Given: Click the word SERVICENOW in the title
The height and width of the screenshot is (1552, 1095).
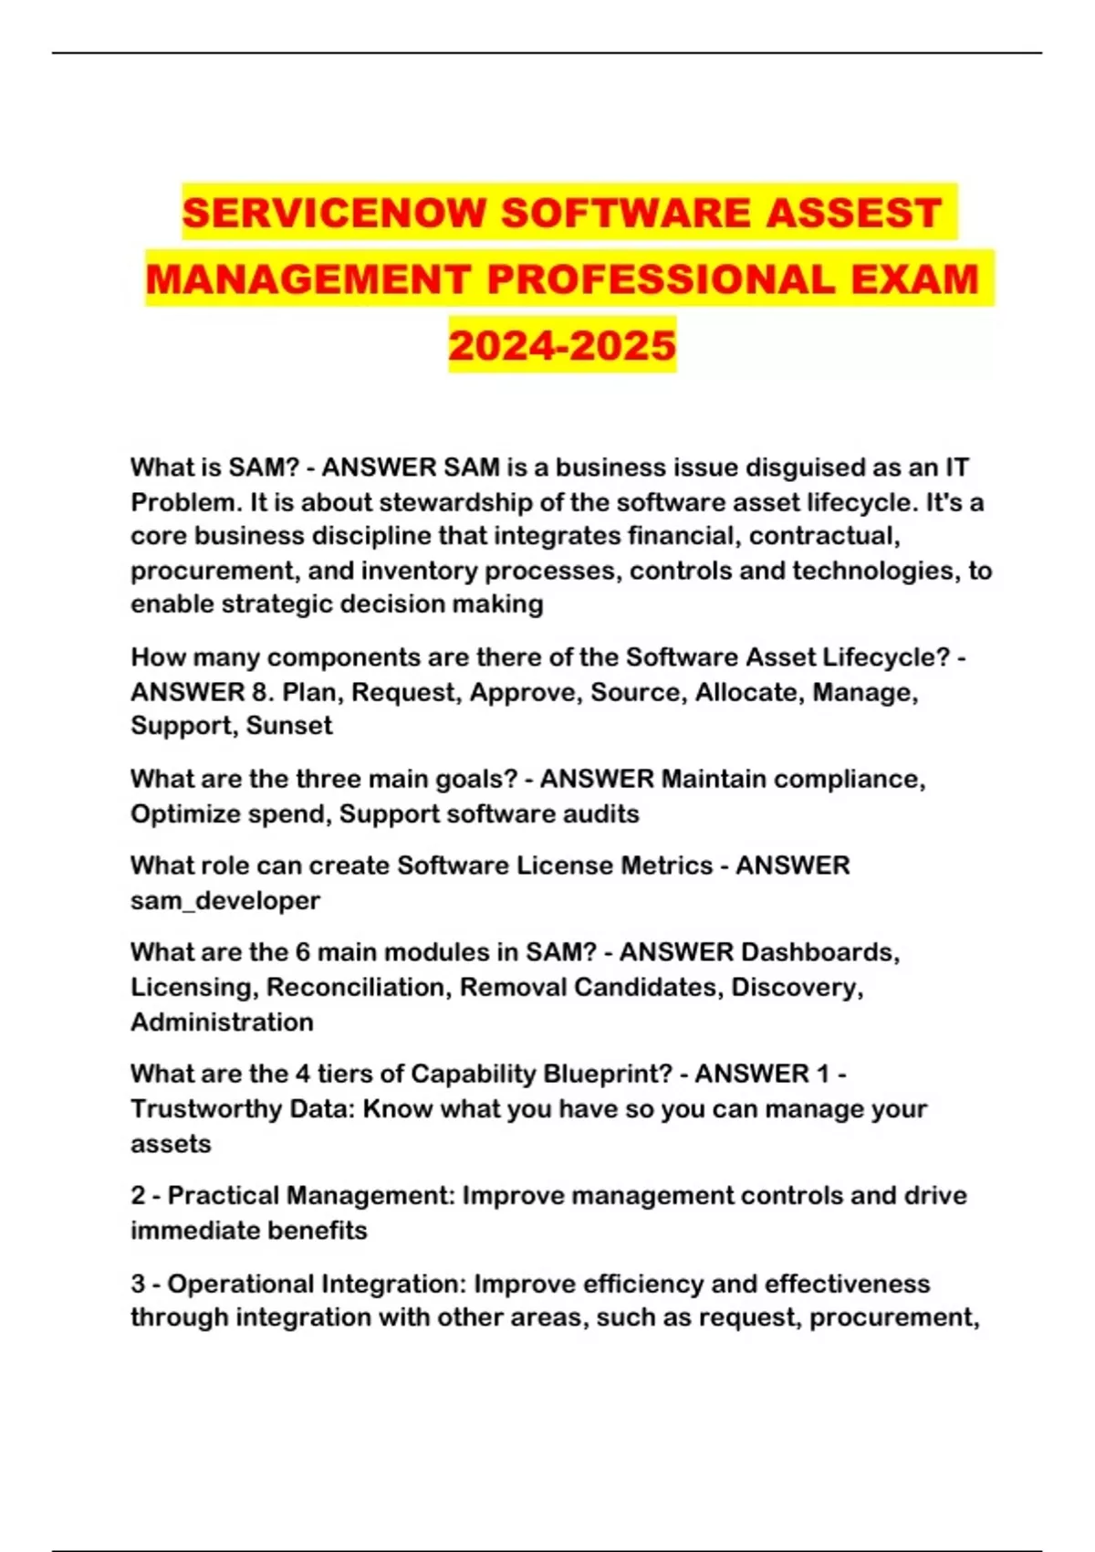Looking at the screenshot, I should point(334,213).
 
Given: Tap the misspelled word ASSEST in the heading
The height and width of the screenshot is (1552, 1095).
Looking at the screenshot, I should point(852,213).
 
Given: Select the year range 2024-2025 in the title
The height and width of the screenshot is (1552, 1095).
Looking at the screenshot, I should point(562,345).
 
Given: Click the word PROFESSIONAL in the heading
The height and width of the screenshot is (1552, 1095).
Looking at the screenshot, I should point(661,278).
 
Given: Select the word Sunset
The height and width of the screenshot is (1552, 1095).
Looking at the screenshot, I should point(289,726).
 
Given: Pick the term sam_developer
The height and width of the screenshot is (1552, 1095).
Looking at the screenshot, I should point(225,901).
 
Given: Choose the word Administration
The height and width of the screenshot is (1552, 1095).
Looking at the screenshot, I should point(222,1022).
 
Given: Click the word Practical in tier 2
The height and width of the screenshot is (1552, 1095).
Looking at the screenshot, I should point(221,1196).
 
